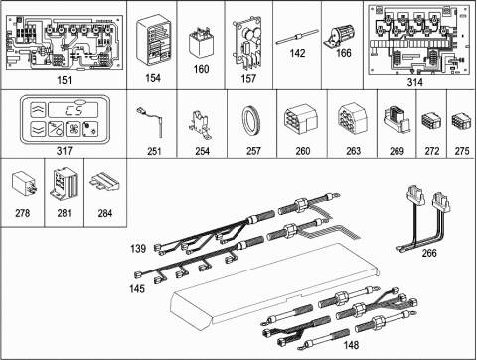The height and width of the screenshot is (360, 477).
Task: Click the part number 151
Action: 65,80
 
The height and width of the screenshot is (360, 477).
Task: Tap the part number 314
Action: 414,82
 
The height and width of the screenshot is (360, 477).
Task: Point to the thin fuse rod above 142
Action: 297,37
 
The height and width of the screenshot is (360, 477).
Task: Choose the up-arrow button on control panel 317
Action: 38,110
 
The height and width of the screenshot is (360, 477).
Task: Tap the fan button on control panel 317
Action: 73,129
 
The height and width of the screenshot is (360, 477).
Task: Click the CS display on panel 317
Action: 74,110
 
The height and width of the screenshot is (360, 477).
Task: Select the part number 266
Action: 429,253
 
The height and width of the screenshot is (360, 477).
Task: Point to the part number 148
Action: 351,345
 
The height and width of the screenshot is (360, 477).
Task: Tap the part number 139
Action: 138,249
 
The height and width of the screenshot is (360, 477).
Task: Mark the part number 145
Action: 137,289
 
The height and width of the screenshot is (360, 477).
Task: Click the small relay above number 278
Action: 24,185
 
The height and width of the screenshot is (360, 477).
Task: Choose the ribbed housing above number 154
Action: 154,39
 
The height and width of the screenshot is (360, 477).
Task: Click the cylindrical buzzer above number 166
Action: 339,36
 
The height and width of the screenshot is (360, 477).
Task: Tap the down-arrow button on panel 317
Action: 38,129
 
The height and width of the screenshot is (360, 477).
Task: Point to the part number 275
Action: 462,151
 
